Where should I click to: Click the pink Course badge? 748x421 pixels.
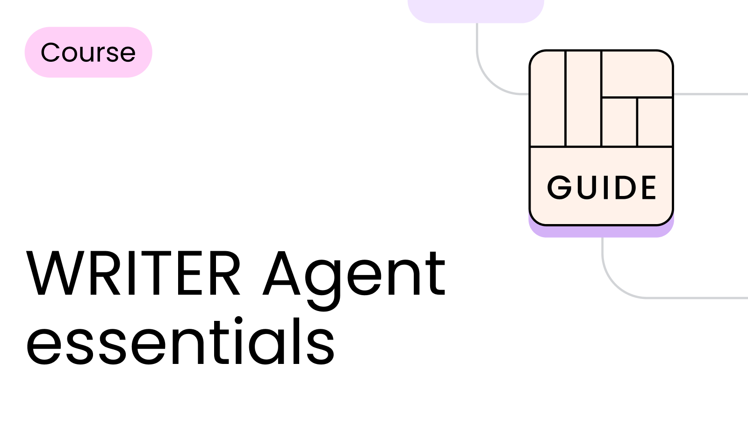pos(88,52)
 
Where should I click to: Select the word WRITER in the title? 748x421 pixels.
pos(133,274)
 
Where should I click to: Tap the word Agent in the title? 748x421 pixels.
pos(354,281)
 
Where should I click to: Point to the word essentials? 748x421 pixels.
pos(180,341)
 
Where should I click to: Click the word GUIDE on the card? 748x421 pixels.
pos(602,188)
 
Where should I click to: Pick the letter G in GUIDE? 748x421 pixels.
pos(559,188)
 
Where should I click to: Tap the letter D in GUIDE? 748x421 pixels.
pos(626,188)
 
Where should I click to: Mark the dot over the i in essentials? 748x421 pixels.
pos(238,320)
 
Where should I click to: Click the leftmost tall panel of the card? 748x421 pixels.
pos(547,99)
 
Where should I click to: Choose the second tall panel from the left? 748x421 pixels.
pos(583,99)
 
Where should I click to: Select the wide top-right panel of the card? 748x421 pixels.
pos(637,74)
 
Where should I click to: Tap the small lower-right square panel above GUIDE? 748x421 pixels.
pos(655,122)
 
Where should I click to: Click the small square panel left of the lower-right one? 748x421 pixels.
pos(619,122)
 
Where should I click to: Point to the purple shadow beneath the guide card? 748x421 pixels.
pos(601,232)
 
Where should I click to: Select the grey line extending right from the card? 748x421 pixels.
pos(711,94)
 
